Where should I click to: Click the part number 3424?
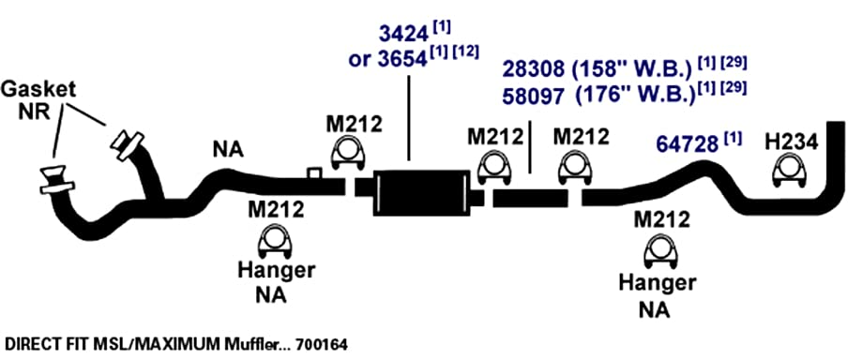(403, 34)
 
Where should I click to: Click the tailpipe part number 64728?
(688, 144)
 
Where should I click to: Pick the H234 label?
(791, 142)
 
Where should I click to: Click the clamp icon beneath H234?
(790, 170)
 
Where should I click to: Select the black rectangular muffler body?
(421, 193)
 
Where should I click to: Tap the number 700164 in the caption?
(322, 345)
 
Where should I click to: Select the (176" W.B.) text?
(634, 96)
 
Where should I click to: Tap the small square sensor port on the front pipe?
(314, 173)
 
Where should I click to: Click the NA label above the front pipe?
(228, 149)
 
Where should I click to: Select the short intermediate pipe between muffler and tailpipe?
(531, 198)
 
